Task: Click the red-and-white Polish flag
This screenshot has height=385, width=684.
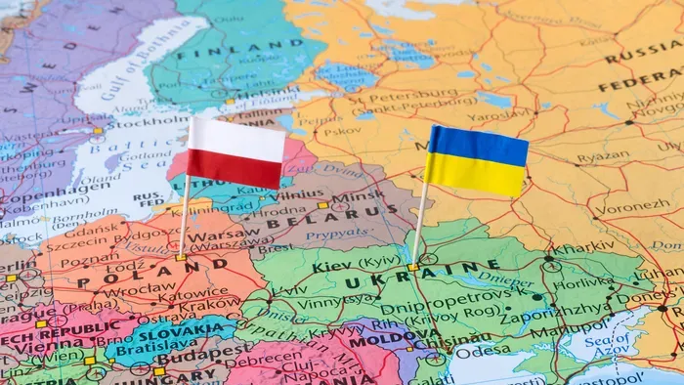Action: pyautogui.click(x=236, y=152)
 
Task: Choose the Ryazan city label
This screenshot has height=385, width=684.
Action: pyautogui.click(x=603, y=155)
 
